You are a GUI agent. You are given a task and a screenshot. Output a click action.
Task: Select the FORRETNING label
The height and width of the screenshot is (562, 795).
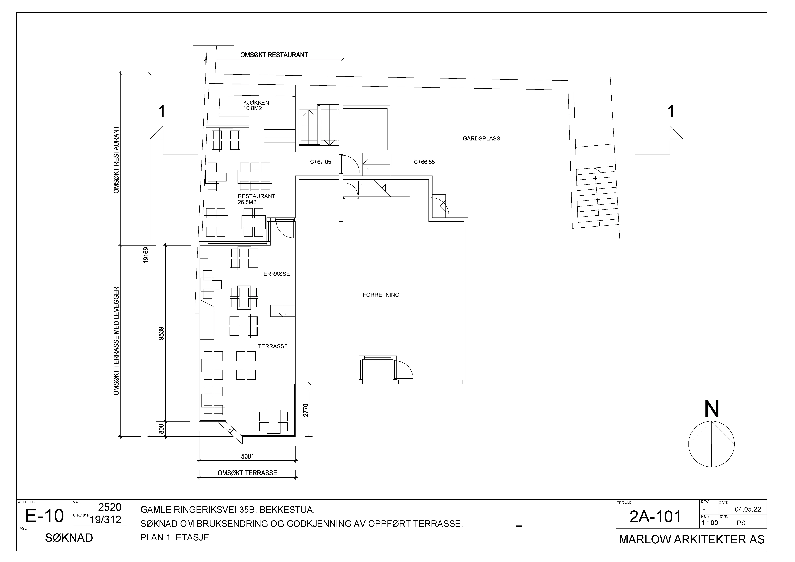[x=381, y=295]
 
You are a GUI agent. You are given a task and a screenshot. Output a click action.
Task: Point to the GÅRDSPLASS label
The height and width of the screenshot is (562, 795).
[x=481, y=139]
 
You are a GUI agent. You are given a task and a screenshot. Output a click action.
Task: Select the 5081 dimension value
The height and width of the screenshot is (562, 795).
[x=248, y=456]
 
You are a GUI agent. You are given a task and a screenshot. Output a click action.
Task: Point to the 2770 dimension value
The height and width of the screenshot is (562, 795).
[x=305, y=410]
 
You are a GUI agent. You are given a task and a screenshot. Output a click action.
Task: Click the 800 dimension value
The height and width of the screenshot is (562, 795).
[x=161, y=429]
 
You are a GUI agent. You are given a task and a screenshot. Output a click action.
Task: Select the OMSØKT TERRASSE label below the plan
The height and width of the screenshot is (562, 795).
[x=247, y=473]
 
